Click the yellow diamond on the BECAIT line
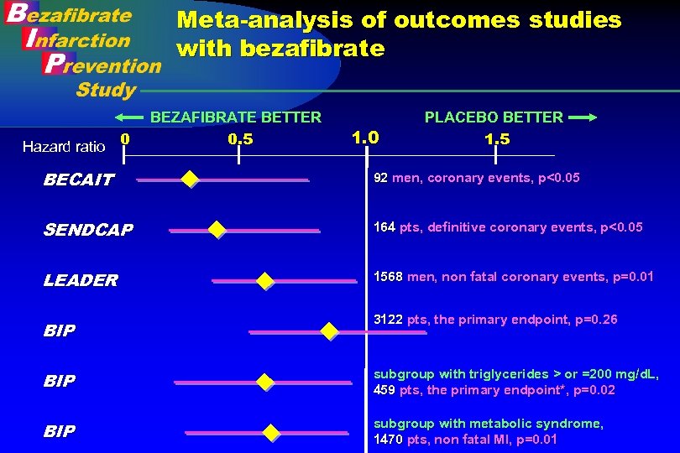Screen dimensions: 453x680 (x=191, y=179)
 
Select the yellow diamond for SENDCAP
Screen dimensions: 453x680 (x=217, y=229)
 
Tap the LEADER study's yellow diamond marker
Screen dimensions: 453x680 (x=265, y=281)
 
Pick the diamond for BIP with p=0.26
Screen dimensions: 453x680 (x=329, y=331)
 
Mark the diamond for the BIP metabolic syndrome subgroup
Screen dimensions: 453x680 (x=270, y=433)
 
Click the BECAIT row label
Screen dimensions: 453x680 (x=78, y=180)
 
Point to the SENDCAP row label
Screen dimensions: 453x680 (x=87, y=230)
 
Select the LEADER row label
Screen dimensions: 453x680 (x=81, y=280)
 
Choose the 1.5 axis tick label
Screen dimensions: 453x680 (x=497, y=139)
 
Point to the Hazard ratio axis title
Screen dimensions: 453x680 (x=64, y=147)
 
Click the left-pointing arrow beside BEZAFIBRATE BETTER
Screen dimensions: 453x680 (x=129, y=117)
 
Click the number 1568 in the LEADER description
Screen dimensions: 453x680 (x=388, y=277)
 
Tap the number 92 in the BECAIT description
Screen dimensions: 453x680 (x=380, y=178)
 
